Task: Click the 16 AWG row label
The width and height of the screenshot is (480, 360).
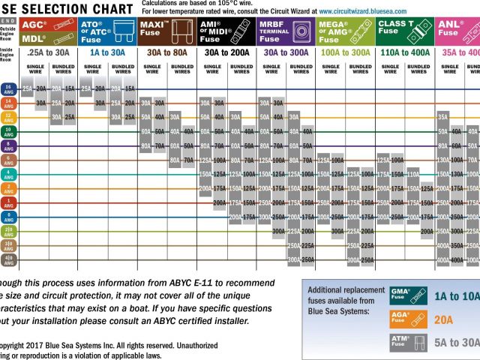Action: coord(9,88)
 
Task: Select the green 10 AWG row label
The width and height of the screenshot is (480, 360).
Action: coord(9,130)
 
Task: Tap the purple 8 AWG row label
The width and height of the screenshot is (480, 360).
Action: coord(9,145)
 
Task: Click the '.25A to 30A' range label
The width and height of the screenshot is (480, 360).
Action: coord(46,54)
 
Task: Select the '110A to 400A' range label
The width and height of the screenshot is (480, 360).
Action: coord(405,54)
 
